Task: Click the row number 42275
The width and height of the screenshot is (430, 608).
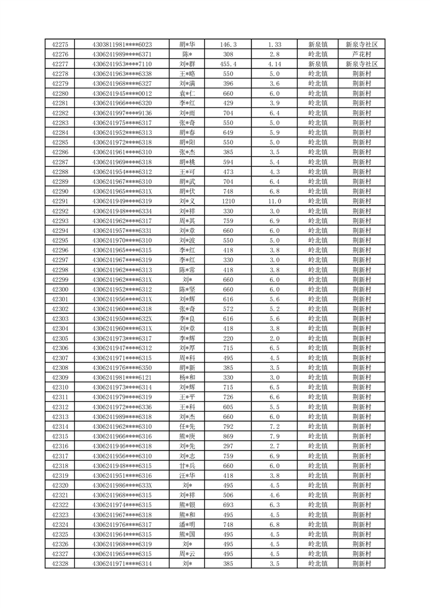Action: click(x=60, y=44)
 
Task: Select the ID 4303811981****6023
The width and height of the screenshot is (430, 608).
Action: click(x=122, y=44)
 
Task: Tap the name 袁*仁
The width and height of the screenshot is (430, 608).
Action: click(x=187, y=93)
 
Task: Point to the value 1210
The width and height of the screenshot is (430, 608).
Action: click(x=228, y=201)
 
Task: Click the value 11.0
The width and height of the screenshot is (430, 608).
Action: click(x=274, y=201)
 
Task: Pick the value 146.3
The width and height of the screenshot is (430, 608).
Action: click(x=228, y=44)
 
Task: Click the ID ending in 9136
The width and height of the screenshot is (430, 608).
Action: click(x=122, y=113)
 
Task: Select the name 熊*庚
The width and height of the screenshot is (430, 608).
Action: click(x=187, y=436)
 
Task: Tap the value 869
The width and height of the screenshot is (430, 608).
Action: click(x=228, y=436)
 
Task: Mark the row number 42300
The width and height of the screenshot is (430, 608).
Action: click(x=60, y=289)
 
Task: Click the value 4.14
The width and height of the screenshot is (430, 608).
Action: click(x=274, y=64)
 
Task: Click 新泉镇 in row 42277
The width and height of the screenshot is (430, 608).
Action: click(x=318, y=64)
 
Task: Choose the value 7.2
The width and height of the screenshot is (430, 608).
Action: click(x=274, y=426)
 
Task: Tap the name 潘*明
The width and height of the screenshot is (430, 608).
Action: click(x=187, y=525)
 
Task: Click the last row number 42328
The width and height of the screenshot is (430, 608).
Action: click(x=60, y=564)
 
